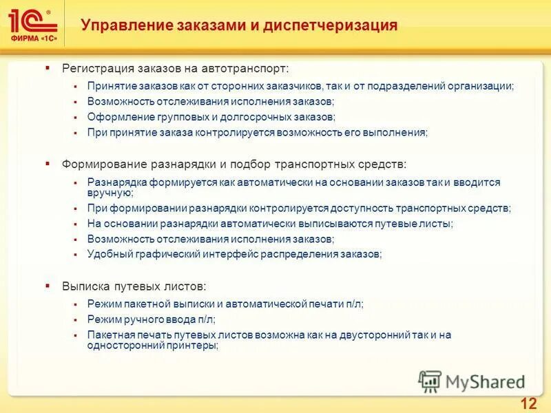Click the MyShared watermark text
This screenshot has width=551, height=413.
point(485,381)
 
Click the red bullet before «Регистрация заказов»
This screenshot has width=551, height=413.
point(48,68)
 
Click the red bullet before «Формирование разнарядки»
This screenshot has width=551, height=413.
point(48,164)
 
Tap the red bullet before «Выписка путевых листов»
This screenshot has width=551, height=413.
point(48,284)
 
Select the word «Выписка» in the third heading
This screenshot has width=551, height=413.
point(83,285)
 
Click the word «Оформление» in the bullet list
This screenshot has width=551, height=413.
point(114,117)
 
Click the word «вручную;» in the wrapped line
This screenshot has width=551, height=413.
point(106,193)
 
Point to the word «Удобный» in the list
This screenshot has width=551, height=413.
point(107,254)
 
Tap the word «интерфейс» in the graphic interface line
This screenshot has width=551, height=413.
point(227,254)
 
